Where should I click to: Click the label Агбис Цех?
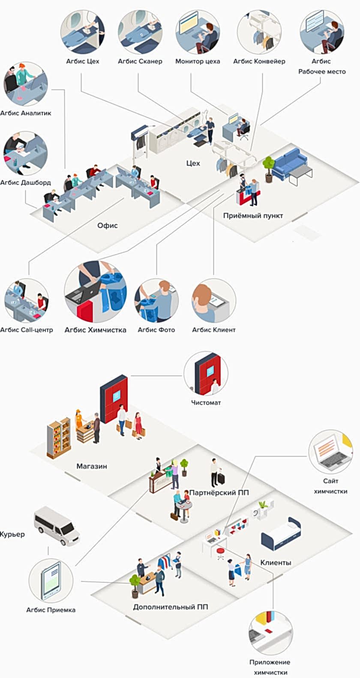pos(82,61)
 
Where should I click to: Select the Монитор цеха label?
pos(198,61)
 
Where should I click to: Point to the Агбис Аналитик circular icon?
pos(26,84)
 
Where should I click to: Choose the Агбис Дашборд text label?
pos(25,182)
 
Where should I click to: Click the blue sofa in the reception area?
pos(290,163)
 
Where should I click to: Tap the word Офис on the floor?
pos(107,225)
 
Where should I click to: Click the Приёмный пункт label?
pos(253,216)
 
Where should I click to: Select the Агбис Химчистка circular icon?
pos(95,292)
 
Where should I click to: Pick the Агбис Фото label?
pos(156,330)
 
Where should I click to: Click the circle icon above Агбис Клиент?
pos(213,301)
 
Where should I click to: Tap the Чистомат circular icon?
pos(206,373)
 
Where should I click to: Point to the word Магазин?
pos(92,466)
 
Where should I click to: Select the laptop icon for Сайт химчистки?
pos(330,452)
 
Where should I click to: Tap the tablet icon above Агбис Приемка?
pos(51,581)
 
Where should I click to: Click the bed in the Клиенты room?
pos(281,533)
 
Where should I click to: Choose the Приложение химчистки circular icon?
pos(270,633)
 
